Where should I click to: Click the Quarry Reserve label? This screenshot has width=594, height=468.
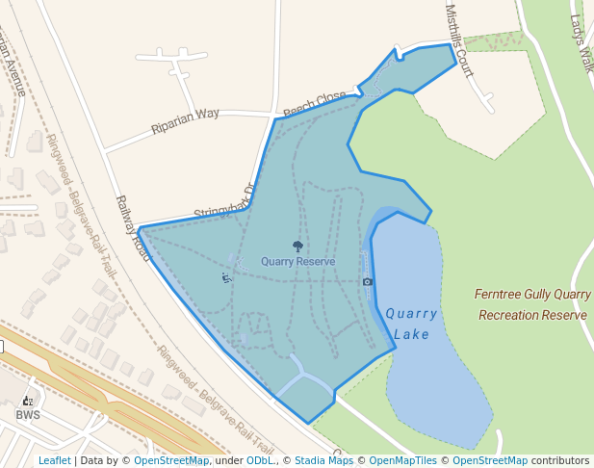[x=297, y=261]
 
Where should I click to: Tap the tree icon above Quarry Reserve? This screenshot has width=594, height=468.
[x=297, y=247]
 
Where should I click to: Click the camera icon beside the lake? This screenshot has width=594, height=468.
[x=367, y=281]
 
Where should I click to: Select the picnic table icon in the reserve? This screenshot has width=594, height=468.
[x=226, y=278]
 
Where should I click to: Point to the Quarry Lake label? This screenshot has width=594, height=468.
[x=411, y=324]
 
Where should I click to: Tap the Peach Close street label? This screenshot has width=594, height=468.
[x=314, y=101]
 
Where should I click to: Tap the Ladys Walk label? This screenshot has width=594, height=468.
[x=581, y=42]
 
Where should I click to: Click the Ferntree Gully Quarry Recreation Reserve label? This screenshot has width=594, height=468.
[x=532, y=304]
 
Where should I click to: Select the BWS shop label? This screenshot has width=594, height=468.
[x=27, y=415]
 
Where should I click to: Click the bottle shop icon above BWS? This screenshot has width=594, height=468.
[x=27, y=401]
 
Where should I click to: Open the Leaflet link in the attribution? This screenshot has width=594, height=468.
[x=54, y=460]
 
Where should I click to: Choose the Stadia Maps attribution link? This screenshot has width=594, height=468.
[x=323, y=460]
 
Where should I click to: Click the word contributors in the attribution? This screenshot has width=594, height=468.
[x=560, y=460]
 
